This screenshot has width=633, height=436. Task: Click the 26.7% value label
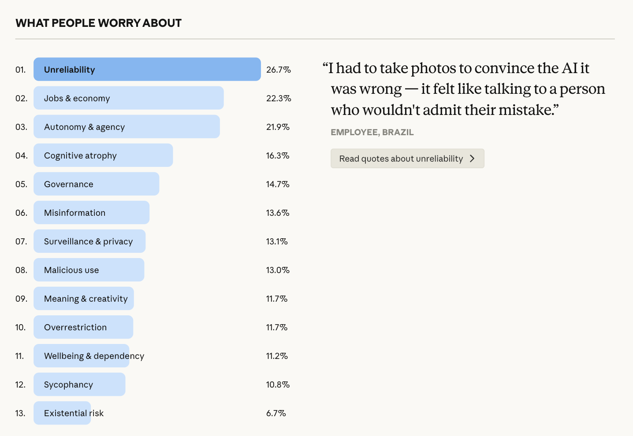(x=279, y=70)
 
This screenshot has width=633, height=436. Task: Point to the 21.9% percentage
(x=278, y=127)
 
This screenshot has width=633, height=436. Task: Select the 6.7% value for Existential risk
(x=276, y=413)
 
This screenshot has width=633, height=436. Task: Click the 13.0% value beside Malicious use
(x=278, y=270)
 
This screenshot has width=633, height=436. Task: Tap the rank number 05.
(x=21, y=184)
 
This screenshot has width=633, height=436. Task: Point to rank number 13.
(x=20, y=413)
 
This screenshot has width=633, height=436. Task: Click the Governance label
(x=69, y=184)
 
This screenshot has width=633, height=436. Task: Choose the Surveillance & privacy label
(x=88, y=241)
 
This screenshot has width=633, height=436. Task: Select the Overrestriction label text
(x=75, y=327)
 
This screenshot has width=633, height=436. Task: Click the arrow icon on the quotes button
(x=472, y=159)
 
